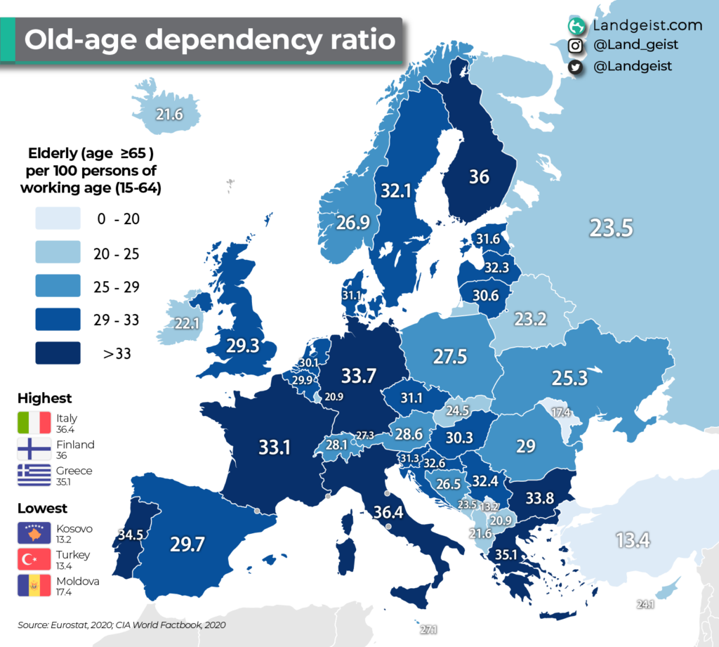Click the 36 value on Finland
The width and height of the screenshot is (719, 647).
(479, 176)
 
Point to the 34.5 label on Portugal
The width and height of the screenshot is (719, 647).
(130, 535)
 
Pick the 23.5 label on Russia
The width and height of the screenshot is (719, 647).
(611, 228)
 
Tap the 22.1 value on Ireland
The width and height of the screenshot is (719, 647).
(187, 324)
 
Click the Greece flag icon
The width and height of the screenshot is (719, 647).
(34, 476)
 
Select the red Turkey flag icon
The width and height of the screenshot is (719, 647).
(34, 560)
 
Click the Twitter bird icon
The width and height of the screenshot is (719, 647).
(576, 66)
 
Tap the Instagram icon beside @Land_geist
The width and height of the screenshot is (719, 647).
(576, 46)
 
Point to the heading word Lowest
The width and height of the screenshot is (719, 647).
(43, 508)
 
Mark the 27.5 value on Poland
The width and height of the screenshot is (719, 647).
(449, 356)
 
